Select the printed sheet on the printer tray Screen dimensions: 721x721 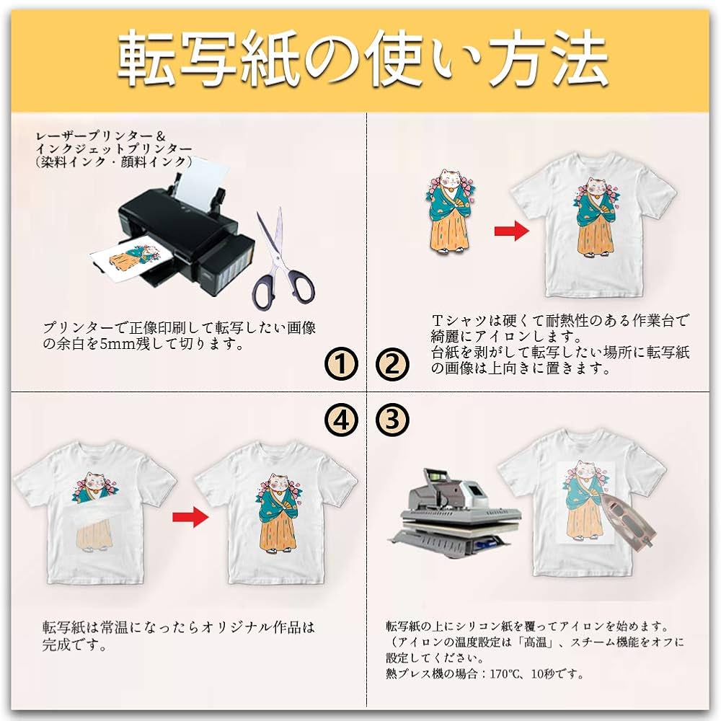pyautogui.click(x=133, y=260)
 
